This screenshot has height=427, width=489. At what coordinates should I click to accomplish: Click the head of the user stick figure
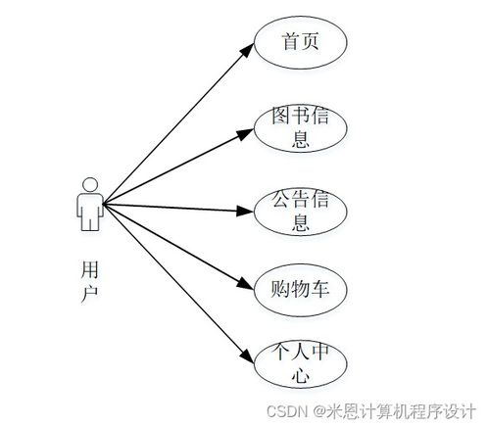[90, 185]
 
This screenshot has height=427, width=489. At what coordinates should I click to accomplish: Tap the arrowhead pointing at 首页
[247, 50]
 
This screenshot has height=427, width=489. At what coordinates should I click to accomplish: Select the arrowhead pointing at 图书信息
[246, 133]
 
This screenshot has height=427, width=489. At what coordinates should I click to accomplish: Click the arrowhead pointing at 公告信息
[245, 211]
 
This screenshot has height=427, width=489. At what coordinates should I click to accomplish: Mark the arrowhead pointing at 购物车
[246, 284]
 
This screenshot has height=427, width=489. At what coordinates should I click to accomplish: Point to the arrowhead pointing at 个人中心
[247, 356]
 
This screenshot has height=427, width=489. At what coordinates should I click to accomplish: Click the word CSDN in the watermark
[287, 411]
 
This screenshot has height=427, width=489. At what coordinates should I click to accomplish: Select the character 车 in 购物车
[319, 289]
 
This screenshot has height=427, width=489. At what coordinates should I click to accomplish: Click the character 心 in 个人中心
[301, 374]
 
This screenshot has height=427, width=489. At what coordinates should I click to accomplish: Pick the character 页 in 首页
[310, 41]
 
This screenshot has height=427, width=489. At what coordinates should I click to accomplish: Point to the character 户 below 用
[89, 294]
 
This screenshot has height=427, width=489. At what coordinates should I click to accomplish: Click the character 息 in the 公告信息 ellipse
[301, 222]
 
